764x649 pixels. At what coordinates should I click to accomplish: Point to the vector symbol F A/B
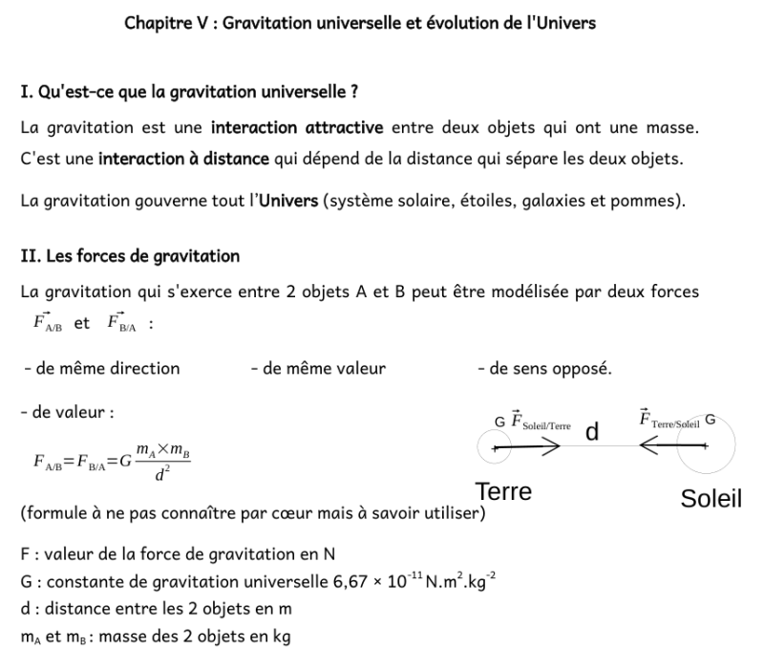tap(47, 322)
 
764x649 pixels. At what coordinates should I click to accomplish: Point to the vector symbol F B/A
tap(118, 322)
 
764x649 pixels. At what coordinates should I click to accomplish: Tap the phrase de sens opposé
tap(544, 368)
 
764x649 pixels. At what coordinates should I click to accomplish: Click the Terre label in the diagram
tap(503, 492)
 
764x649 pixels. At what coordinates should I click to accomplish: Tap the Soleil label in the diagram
tap(711, 499)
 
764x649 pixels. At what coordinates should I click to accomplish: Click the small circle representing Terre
tap(494, 445)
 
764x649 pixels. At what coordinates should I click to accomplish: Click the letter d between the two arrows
tap(592, 432)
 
